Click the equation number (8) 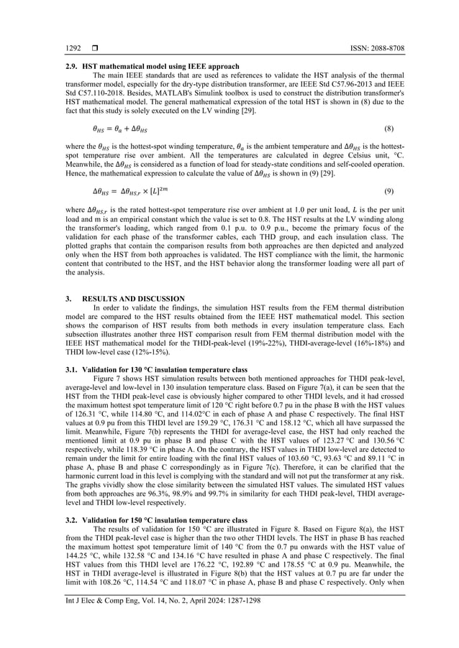pos(388,129)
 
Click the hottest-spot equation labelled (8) pos(116,129)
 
